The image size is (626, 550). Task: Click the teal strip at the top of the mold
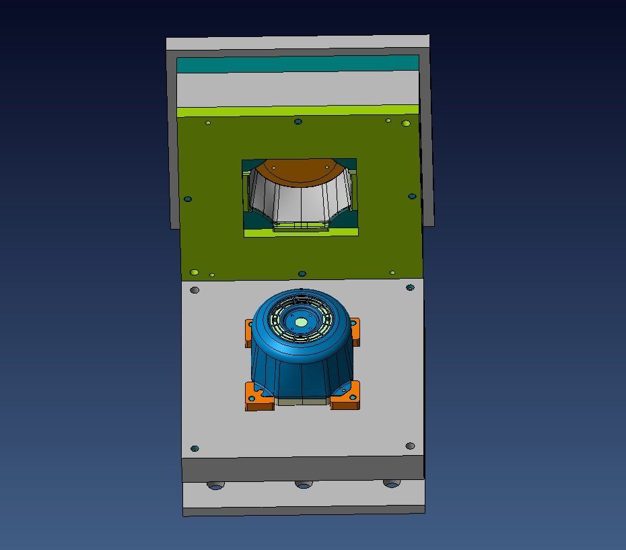point(297,64)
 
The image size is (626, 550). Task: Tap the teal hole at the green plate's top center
point(298,122)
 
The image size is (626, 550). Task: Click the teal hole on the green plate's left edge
point(188,199)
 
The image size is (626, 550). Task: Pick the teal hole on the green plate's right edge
point(412,197)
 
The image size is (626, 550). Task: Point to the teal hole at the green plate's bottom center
point(302,274)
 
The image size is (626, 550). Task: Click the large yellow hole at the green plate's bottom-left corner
point(195,273)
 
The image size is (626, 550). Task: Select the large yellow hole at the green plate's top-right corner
point(406,123)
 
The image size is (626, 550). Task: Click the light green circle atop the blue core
point(301,322)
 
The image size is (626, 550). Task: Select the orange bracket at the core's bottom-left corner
point(258,397)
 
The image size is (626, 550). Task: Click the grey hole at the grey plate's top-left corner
point(195,290)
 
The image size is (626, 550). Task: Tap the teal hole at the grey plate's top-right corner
point(410,287)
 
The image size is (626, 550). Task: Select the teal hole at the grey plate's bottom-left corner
point(195,448)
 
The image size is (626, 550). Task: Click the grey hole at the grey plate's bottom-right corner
point(410,446)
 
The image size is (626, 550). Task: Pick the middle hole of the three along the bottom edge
point(304,485)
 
